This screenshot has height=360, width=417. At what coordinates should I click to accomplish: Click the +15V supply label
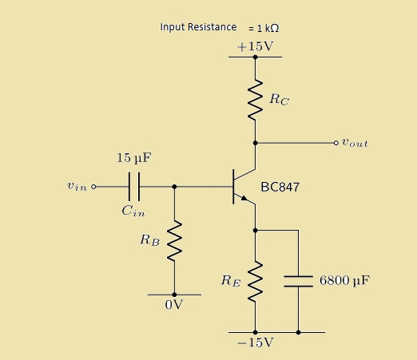255,46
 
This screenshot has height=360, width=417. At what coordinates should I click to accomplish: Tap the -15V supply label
255,342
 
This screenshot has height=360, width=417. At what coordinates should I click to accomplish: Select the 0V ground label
174,305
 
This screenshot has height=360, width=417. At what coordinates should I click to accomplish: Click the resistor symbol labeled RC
255,100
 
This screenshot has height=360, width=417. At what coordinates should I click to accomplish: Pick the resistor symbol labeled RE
255,282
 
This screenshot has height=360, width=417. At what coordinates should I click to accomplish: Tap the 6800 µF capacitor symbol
298,281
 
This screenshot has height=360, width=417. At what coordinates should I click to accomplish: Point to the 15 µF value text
134,158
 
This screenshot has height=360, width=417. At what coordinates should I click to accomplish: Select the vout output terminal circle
336,143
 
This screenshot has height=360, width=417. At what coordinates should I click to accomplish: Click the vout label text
355,143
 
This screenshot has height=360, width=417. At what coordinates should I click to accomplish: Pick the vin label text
77,187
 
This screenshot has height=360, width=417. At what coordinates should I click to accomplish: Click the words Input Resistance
198,27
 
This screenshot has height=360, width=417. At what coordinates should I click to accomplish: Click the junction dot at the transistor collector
255,143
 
